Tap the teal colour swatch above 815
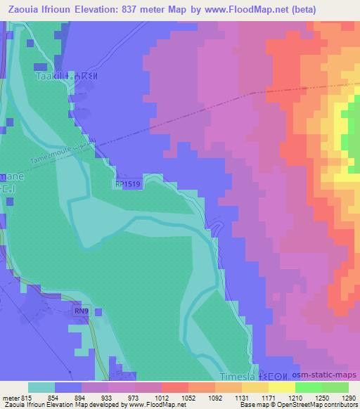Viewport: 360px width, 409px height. pyautogui.click(x=41, y=387)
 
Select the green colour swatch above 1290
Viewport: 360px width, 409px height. pyautogui.click(x=335, y=387)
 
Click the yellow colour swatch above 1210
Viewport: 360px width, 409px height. pyautogui.click(x=281, y=387)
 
